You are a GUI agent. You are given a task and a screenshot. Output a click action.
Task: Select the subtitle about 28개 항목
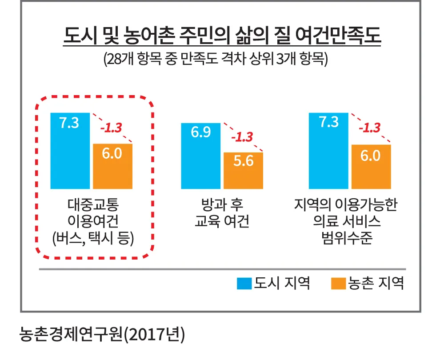(216, 59)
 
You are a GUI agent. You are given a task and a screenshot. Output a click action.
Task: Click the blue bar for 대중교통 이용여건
(70, 151)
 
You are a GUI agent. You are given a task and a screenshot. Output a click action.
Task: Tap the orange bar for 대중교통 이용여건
(112, 166)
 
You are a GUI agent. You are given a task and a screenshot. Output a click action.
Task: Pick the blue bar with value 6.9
(201, 156)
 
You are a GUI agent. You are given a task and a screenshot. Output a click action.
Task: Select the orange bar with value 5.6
(243, 171)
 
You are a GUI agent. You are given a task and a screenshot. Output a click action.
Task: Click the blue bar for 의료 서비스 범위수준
(329, 151)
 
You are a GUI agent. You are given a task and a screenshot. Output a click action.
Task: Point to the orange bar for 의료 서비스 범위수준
(371, 166)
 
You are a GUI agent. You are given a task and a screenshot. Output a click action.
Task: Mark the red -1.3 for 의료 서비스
(369, 128)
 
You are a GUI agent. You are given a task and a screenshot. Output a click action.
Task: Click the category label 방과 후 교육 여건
(222, 213)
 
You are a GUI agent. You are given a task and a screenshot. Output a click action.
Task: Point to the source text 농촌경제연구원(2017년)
(102, 335)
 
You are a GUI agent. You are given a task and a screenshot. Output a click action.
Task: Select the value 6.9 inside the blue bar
(201, 132)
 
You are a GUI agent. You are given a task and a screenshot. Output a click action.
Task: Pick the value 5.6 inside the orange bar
(243, 161)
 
